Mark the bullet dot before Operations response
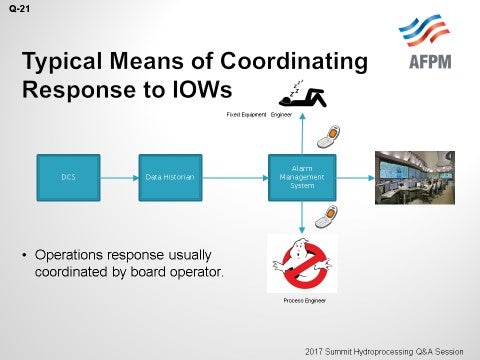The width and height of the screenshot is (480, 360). point(25,255)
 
